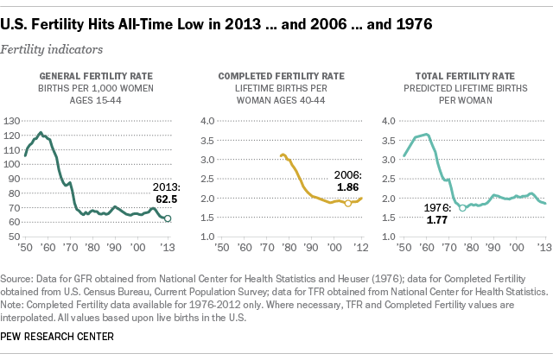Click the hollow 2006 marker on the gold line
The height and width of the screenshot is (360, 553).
348,204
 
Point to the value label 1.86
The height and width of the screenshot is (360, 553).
348,186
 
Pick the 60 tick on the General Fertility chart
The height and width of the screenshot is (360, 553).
14,223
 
